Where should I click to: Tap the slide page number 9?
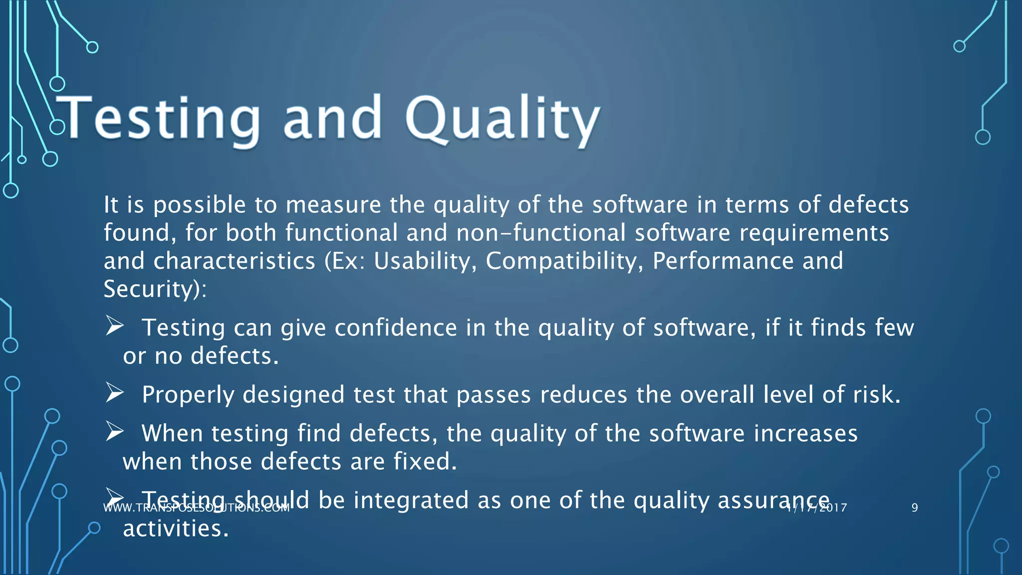point(914,508)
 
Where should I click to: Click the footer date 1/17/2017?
point(816,508)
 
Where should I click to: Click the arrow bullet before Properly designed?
point(115,394)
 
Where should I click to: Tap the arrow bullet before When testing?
point(115,432)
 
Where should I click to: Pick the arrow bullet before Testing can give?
point(115,326)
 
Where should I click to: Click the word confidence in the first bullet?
point(395,328)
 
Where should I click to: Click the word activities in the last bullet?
point(176,529)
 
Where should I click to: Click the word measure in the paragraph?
point(333,205)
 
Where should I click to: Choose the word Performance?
point(723,261)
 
